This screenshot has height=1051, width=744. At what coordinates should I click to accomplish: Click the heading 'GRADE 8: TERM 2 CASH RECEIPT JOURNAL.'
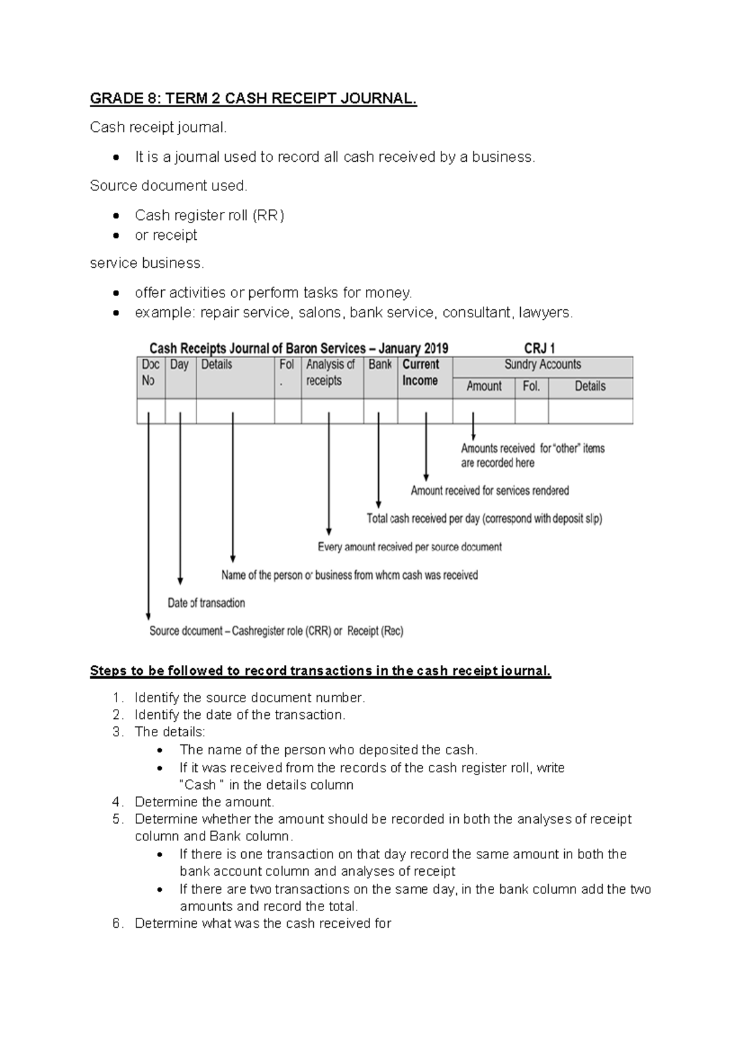click(253, 99)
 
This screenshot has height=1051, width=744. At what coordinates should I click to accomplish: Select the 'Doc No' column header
click(151, 372)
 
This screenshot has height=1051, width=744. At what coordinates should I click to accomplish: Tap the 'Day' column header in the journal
click(179, 365)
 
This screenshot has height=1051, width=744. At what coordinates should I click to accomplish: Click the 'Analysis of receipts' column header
click(330, 372)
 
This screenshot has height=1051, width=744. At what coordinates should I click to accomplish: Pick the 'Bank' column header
click(379, 365)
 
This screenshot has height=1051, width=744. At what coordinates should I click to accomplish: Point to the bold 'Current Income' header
click(420, 372)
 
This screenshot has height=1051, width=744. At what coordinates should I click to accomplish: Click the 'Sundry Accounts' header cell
click(542, 365)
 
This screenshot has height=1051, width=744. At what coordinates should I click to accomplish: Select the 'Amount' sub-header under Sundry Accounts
click(484, 387)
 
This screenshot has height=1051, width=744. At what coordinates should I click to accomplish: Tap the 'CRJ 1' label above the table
click(539, 348)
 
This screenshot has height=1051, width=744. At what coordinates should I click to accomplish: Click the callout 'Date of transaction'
click(206, 603)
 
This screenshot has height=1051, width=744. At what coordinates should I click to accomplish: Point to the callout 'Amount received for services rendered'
click(490, 491)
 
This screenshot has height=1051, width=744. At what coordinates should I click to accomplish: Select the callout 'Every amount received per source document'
click(409, 547)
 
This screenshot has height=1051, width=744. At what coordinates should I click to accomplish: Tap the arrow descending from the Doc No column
click(148, 514)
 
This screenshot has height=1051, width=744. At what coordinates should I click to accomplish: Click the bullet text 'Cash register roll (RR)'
click(209, 215)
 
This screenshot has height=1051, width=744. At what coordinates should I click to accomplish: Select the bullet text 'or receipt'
click(166, 235)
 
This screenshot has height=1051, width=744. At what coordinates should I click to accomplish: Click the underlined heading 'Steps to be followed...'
click(320, 671)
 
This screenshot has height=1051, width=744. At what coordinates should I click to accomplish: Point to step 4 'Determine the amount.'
click(204, 802)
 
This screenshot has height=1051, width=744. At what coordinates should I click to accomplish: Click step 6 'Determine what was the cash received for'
click(262, 923)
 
